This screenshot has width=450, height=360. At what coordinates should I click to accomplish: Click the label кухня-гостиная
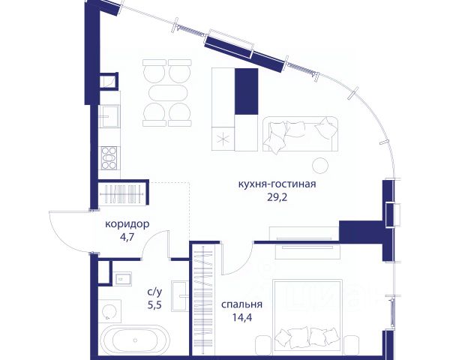pyautogui.click(x=277, y=184)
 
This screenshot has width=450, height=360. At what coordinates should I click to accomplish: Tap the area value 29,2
pyautogui.click(x=277, y=198)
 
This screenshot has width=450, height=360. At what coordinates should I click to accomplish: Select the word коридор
pyautogui.click(x=127, y=224)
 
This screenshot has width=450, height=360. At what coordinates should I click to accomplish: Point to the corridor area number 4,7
pyautogui.click(x=127, y=238)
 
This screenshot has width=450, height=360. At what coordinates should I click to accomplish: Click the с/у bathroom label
pyautogui.click(x=154, y=292)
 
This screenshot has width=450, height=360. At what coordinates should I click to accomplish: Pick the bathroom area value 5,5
pyautogui.click(x=154, y=305)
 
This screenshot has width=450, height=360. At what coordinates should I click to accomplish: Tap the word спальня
pyautogui.click(x=241, y=304)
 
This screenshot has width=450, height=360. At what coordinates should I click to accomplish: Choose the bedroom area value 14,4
pyautogui.click(x=242, y=317)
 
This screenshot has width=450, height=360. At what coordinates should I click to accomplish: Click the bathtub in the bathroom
pyautogui.click(x=133, y=340)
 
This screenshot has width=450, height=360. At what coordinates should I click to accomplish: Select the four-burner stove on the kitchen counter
pyautogui.click(x=109, y=158)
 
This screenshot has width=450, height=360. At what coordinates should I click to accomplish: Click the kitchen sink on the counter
pyautogui.click(x=109, y=116)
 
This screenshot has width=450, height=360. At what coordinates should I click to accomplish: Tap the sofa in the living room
pyautogui.click(x=300, y=133)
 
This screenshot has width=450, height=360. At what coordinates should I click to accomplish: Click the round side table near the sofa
pyautogui.click(x=320, y=166)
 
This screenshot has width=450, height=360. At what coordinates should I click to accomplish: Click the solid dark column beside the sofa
pyautogui.click(x=246, y=91)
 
